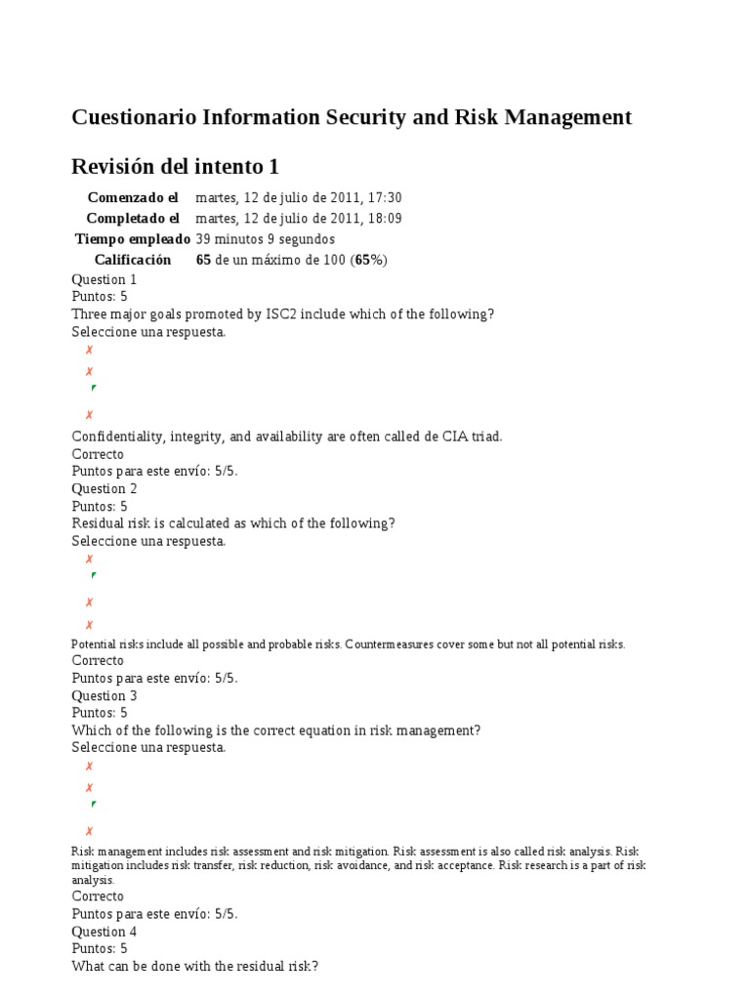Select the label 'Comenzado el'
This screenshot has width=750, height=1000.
[133, 197]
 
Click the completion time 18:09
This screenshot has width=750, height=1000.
[384, 218]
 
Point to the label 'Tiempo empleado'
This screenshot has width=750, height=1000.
[133, 238]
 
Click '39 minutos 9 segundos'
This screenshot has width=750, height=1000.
[265, 238]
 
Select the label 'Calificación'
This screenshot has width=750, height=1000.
[133, 259]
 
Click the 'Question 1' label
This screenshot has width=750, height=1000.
[104, 279]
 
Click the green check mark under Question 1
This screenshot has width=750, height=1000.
[93, 388]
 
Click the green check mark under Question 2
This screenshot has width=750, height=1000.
[93, 575]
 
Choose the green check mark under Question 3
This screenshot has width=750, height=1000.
[93, 804]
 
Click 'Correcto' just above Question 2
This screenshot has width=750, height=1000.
[98, 454]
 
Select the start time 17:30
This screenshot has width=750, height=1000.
[384, 197]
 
